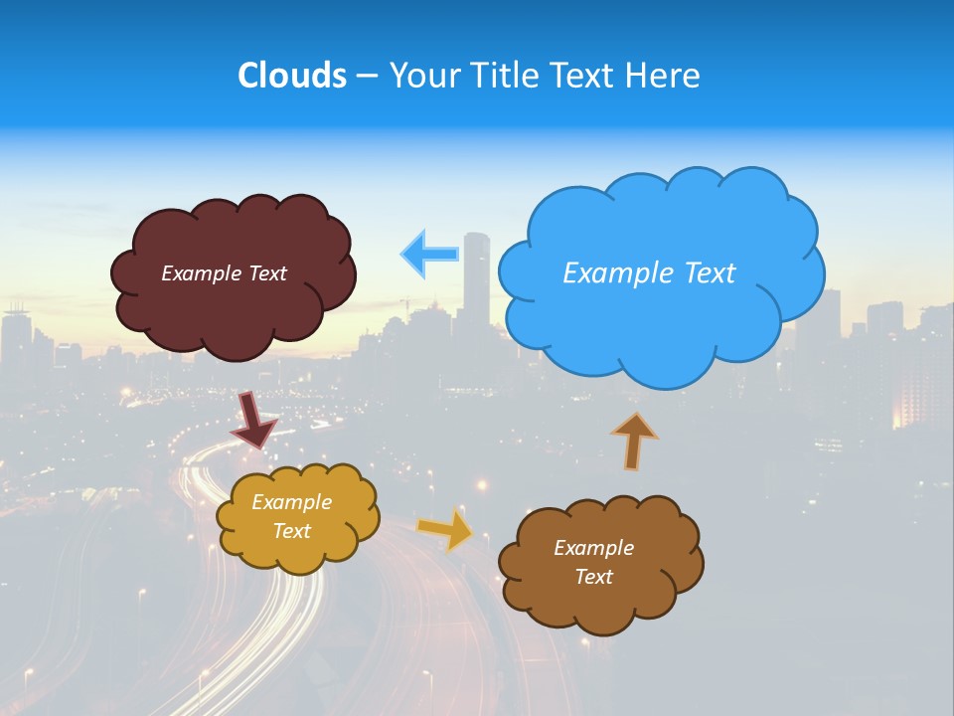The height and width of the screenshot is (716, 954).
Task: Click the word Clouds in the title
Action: (292, 76)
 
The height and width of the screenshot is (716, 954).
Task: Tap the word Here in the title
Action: (665, 76)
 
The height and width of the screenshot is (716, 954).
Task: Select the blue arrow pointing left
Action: (430, 254)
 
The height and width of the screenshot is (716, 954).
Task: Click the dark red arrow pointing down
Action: (253, 420)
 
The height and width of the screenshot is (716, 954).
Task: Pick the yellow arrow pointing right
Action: (446, 529)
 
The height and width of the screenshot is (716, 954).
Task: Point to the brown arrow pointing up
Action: (634, 441)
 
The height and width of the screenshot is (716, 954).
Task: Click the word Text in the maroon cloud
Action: (266, 273)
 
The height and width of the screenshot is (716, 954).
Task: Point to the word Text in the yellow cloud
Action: (292, 531)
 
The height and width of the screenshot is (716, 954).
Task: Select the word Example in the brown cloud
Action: (593, 548)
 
